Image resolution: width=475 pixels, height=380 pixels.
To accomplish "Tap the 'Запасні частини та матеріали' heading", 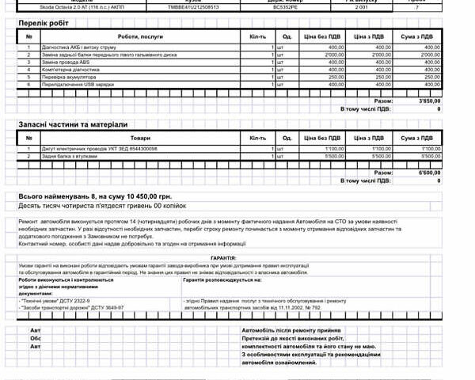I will pyautogui.click(x=73, y=124).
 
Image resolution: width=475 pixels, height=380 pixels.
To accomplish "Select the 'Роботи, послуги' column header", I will pyautogui.click(x=139, y=36).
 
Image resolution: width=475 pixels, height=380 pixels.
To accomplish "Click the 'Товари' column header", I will pyautogui.click(x=139, y=138).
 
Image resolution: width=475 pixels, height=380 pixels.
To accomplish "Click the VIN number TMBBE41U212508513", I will pyautogui.click(x=193, y=6).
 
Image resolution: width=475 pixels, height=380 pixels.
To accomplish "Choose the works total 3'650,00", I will pyautogui.click(x=428, y=101).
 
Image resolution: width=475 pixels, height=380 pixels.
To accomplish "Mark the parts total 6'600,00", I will pyautogui.click(x=428, y=173).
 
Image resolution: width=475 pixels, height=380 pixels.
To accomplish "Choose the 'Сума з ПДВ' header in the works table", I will pyautogui.click(x=416, y=36).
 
